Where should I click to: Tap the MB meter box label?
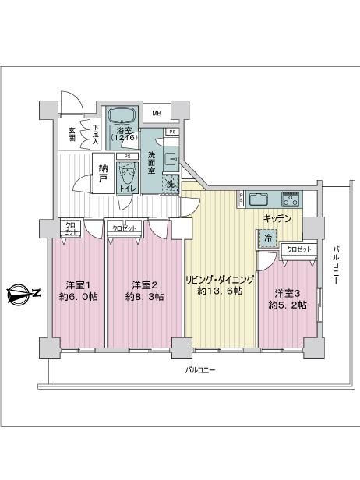coord(157,113)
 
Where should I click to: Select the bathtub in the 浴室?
coord(123,115)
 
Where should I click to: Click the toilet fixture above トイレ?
coord(127,175)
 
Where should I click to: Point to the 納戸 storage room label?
coord(103,173)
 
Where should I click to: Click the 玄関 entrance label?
coord(72,134)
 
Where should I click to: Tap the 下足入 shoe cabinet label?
coord(96,134)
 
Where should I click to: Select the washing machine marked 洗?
coord(170,184)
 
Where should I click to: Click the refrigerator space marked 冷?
coord(268,238)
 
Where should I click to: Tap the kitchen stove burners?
coord(291,199)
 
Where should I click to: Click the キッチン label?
coord(277,218)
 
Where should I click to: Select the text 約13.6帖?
coord(221,291)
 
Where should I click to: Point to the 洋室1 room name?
coord(79,286)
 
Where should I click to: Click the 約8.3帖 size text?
coord(144,297)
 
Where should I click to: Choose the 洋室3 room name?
coord(287,294)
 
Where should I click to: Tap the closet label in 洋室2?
coord(125,228)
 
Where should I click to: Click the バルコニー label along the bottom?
coord(200,370)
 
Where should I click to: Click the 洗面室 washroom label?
coord(151,163)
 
